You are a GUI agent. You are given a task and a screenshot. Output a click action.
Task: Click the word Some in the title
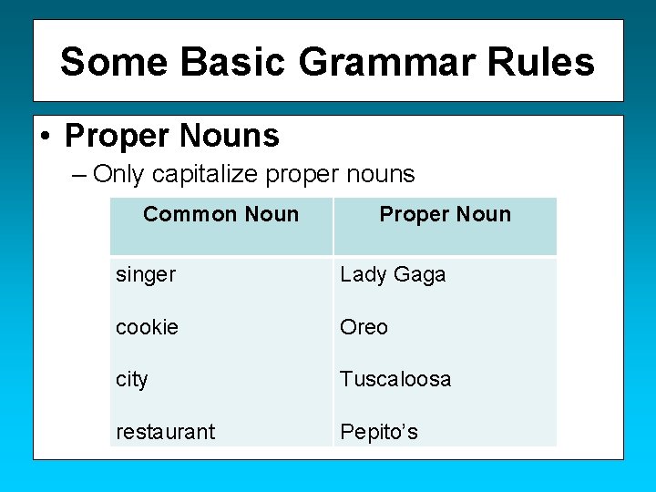(115, 62)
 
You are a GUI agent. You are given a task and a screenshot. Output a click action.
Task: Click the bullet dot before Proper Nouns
(46, 137)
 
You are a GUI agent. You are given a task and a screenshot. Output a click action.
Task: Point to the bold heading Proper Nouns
(172, 136)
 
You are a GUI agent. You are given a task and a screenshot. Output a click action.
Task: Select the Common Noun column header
(220, 215)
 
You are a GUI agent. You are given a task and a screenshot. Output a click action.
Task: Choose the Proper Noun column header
(445, 215)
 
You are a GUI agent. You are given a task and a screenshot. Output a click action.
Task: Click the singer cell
(146, 275)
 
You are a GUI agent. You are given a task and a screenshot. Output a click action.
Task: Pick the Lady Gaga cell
(393, 275)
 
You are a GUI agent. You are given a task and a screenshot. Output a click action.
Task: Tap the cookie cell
(148, 327)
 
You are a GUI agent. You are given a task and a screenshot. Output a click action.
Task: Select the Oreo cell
(364, 327)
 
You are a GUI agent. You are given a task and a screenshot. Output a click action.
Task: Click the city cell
(132, 379)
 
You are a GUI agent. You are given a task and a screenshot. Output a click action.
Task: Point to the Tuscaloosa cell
(395, 379)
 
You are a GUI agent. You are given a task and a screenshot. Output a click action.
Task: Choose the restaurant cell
(165, 432)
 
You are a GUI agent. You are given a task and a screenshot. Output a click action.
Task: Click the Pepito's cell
(379, 432)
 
